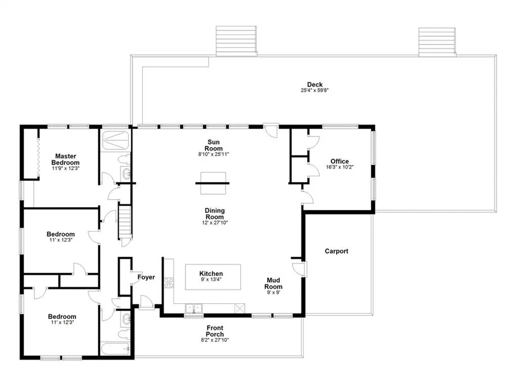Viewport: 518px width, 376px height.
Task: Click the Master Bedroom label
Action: (65, 159)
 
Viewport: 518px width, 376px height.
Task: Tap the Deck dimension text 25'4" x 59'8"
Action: (315, 90)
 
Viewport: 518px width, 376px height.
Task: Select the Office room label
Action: (339, 161)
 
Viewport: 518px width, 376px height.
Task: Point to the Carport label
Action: (336, 251)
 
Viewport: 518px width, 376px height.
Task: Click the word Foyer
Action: (146, 277)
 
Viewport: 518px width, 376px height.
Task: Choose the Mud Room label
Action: (273, 284)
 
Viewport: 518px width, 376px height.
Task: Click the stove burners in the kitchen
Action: (168, 283)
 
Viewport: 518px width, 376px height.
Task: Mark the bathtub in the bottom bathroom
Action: (115, 349)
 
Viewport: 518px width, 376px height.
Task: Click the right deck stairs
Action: (438, 40)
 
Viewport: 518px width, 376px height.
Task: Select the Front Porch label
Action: (214, 331)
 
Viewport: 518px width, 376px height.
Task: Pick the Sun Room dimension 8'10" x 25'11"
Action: (214, 154)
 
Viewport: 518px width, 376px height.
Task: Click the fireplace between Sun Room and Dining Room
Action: (212, 183)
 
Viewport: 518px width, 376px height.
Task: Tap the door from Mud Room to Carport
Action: (303, 268)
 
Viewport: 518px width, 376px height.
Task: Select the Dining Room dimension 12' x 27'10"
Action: (214, 222)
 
